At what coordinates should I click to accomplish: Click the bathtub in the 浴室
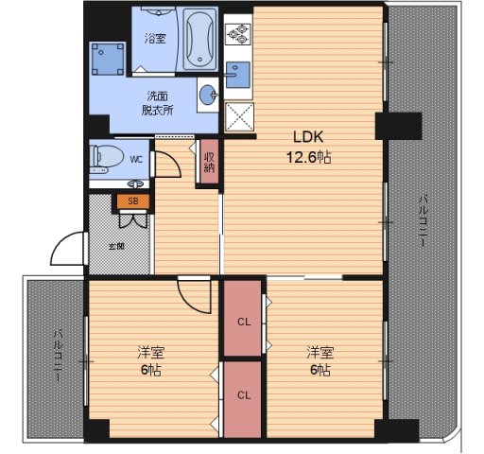[200, 39]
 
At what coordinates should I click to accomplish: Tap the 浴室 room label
[155, 39]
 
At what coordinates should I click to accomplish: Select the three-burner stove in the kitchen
[238, 33]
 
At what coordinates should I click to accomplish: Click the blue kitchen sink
[238, 75]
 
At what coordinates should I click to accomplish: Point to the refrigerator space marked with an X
[239, 116]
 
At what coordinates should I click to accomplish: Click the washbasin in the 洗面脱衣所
[208, 95]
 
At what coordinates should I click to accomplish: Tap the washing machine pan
[108, 59]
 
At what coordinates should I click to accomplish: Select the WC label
[136, 160]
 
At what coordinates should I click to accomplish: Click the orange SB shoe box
[133, 201]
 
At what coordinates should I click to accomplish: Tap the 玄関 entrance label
[116, 246]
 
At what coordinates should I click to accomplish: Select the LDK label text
[308, 137]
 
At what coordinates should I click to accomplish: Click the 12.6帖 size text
[309, 157]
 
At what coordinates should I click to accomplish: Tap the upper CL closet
[243, 318]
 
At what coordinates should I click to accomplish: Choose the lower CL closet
[243, 399]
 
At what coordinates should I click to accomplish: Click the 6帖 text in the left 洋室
[151, 370]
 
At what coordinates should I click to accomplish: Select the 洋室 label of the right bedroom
[320, 352]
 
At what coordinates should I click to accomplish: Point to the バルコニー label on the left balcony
[58, 356]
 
